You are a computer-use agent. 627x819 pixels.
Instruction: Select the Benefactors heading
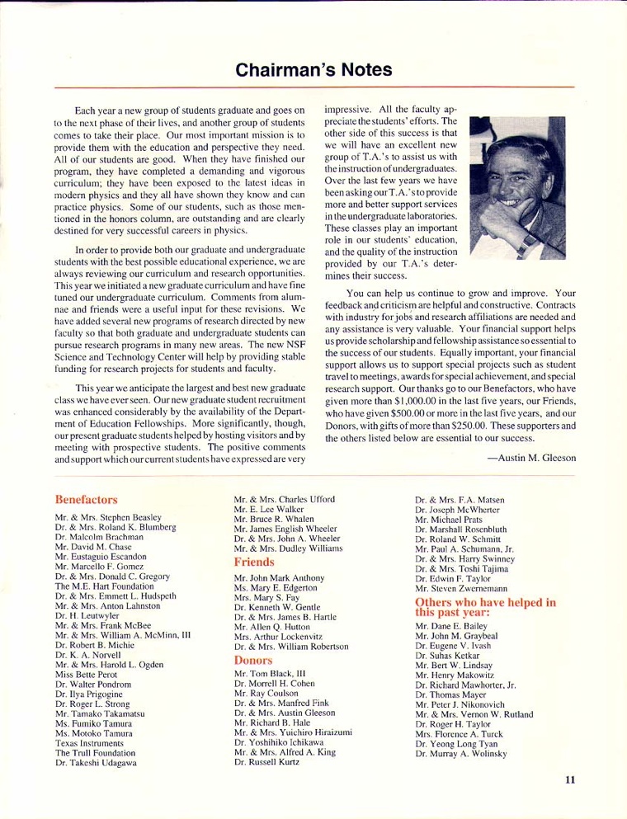click(x=86, y=500)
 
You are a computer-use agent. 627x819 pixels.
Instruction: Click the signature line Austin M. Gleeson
click(x=531, y=458)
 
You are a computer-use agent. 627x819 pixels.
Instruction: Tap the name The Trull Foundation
click(x=97, y=753)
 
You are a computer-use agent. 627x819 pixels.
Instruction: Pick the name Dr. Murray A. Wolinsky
click(x=461, y=754)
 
